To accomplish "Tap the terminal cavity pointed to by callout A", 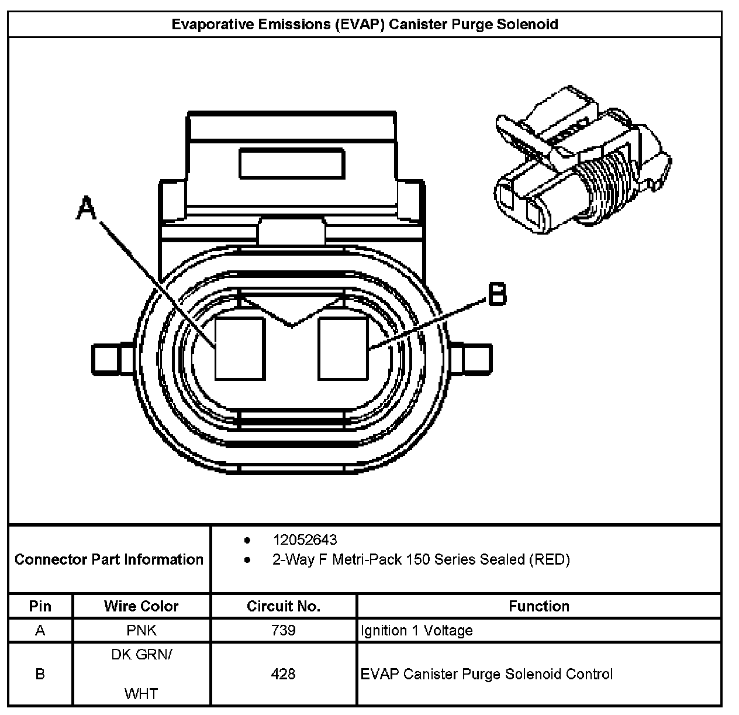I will [x=240, y=349].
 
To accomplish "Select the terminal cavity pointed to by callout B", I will [x=343, y=349].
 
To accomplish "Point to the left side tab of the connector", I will [x=107, y=359].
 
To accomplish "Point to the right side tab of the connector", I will [x=476, y=359].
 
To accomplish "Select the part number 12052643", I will [x=305, y=539].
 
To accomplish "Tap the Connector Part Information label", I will [x=109, y=559].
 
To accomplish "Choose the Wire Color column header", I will [x=141, y=606].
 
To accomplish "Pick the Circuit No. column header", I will [x=284, y=606].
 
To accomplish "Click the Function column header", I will [x=539, y=606].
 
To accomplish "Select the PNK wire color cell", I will [x=141, y=630].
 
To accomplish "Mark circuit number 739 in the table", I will [x=284, y=630].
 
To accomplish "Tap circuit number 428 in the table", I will [x=284, y=674].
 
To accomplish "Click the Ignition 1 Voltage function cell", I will [x=417, y=630].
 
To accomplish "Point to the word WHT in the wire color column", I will [x=141, y=694].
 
